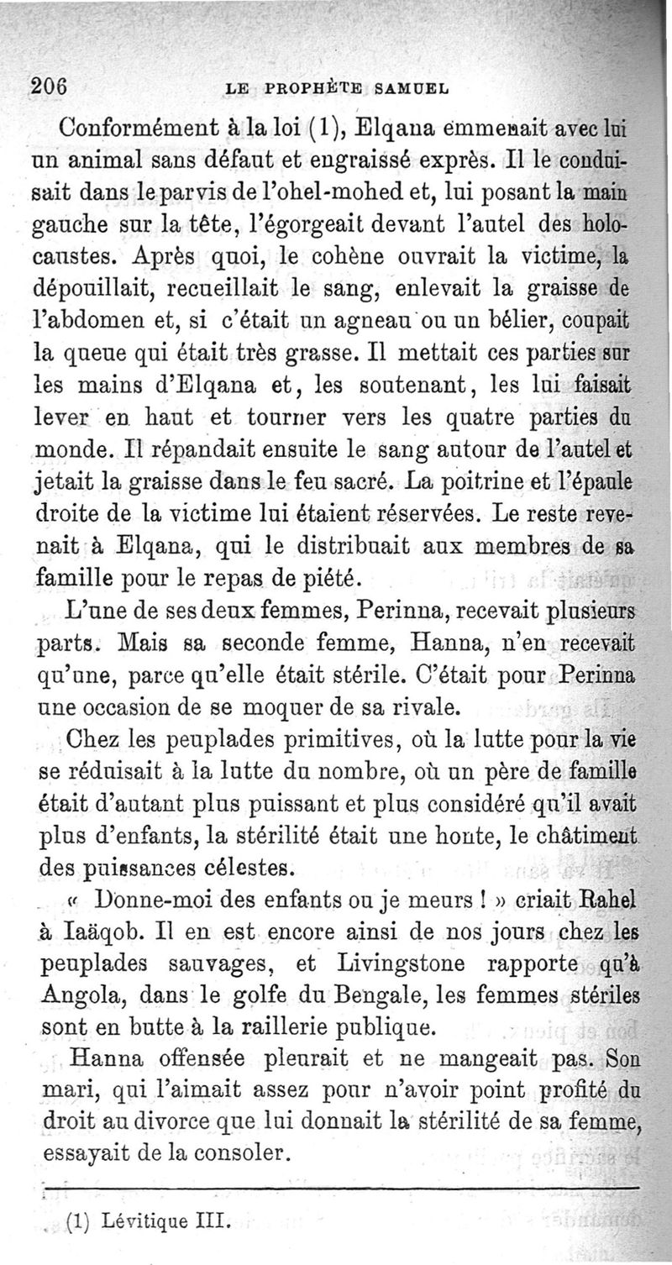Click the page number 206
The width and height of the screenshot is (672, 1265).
(x=50, y=84)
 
